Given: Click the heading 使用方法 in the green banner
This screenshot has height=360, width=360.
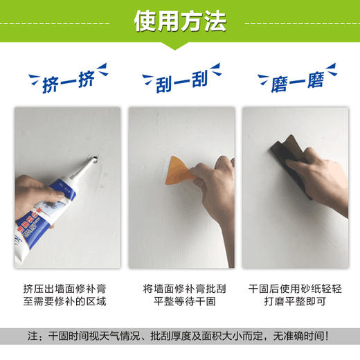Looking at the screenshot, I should point(180,21).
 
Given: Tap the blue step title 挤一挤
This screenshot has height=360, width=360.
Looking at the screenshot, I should point(62,81).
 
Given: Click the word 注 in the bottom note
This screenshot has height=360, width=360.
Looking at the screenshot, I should point(33,336).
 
